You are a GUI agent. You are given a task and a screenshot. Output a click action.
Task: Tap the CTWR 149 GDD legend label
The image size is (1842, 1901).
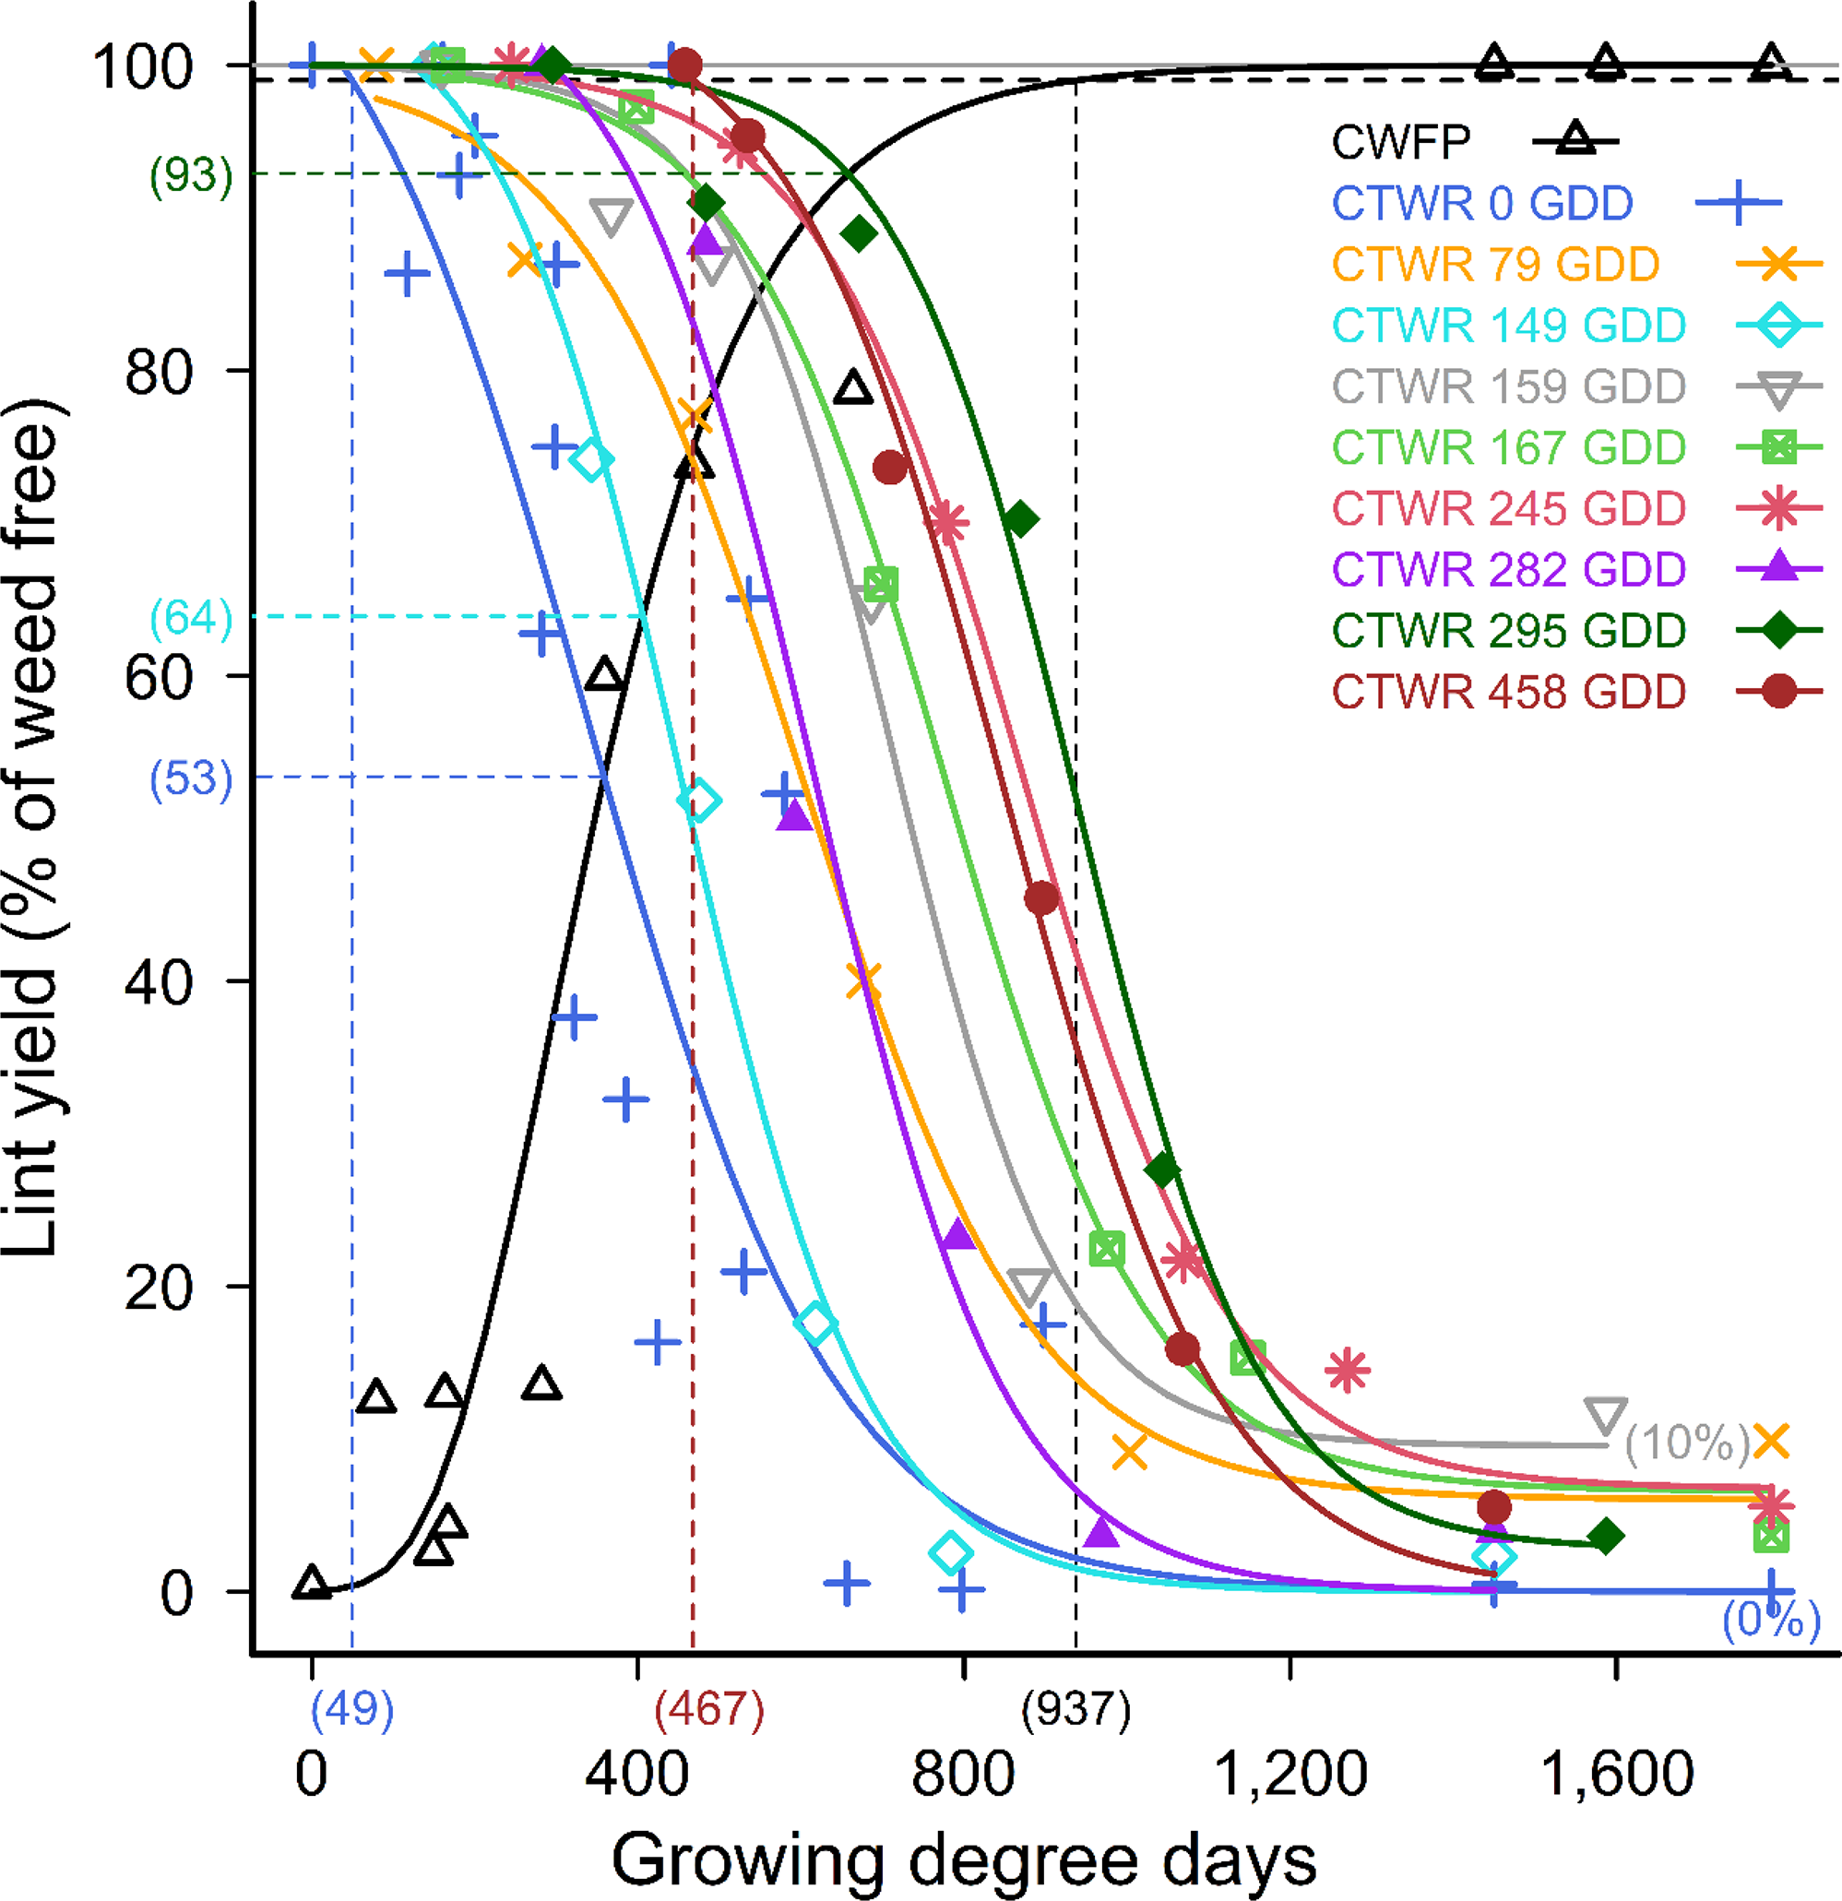coord(1508,326)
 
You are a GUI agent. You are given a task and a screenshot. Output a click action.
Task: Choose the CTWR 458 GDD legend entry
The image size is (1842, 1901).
coord(1508,693)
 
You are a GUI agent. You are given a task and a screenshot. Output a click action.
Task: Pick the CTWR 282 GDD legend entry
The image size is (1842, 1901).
coord(1508,570)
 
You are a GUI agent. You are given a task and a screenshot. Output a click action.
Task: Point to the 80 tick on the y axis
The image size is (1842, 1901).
coord(158,372)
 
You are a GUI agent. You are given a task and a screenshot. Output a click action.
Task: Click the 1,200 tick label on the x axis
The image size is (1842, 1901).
coord(1289,1774)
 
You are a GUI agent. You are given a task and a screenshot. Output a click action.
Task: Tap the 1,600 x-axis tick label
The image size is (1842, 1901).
coord(1615,1774)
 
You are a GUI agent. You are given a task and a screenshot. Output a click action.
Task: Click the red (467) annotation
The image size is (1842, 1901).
coord(709,1708)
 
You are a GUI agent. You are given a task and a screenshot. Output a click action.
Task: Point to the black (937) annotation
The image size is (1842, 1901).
coord(1075,1708)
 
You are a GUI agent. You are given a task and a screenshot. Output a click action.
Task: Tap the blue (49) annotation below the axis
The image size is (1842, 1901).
coord(352,1708)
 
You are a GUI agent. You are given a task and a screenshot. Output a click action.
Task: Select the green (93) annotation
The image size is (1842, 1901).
coord(191,175)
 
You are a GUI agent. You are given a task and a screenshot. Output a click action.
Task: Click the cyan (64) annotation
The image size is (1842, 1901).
coord(191,618)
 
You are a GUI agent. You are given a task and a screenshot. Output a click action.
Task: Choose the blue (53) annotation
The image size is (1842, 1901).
coord(191,778)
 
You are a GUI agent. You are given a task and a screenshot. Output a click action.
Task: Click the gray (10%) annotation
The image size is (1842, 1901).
coord(1688,1443)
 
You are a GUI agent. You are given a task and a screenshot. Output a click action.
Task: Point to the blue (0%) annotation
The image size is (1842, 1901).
coord(1770,1619)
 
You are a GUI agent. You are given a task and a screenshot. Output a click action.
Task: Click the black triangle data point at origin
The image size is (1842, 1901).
coord(312,1583)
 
